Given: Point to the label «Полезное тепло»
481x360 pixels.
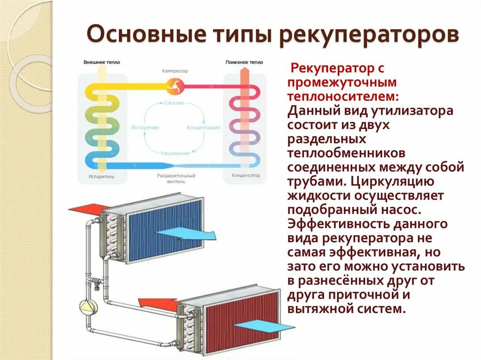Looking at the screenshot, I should [244, 62].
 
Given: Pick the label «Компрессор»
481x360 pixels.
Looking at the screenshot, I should [175, 71].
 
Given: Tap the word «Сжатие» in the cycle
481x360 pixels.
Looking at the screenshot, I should [174, 103].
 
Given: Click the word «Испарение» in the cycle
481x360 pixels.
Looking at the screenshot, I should [145, 128].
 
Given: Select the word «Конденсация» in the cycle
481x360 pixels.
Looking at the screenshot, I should [203, 128].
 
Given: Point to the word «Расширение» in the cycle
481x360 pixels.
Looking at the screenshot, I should [175, 153].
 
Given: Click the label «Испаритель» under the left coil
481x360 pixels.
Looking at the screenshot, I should [101, 177].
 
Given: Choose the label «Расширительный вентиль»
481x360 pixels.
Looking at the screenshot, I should [176, 178].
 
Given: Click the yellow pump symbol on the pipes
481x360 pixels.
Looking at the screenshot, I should [88, 306].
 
